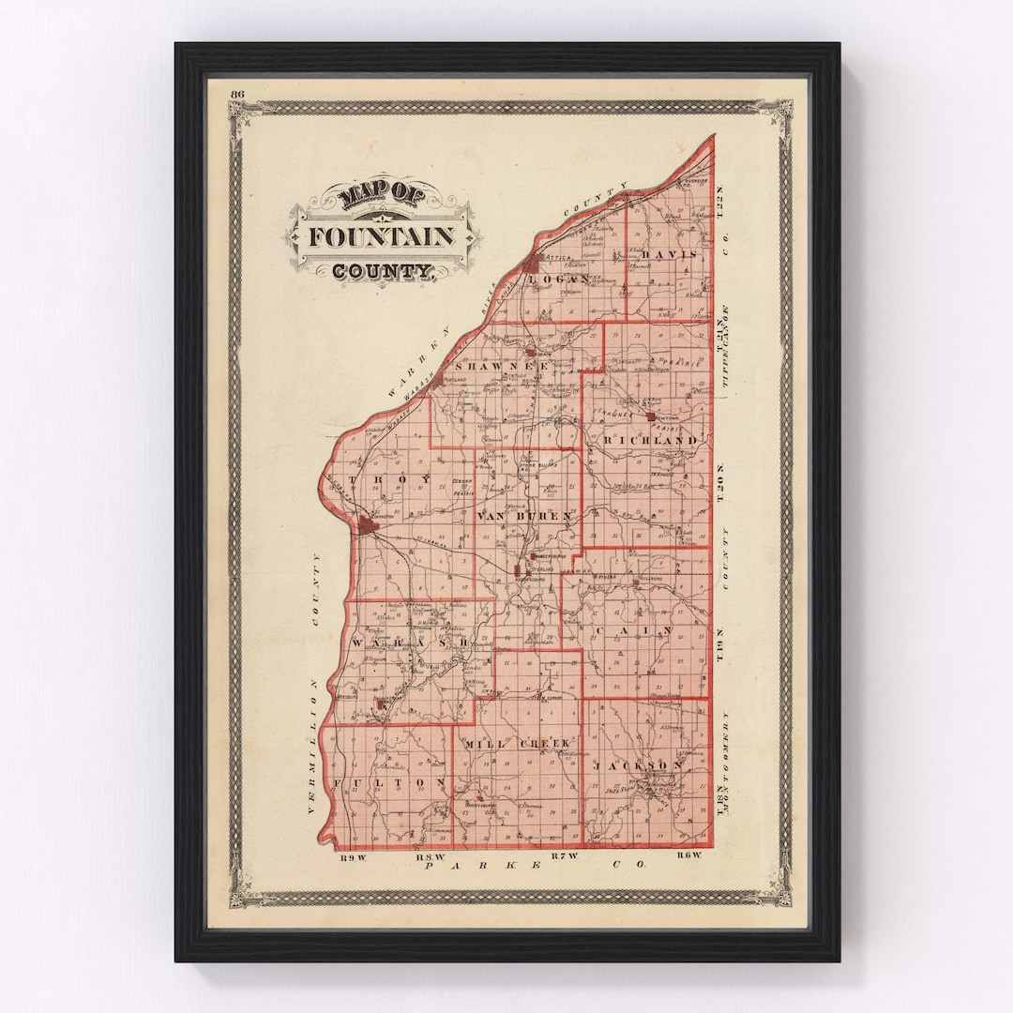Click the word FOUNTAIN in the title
point(381,236)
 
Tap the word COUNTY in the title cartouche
point(381,272)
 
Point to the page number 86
point(236,93)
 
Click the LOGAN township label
point(559,279)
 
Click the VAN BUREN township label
point(524,517)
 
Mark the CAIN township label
point(630,629)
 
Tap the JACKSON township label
point(638,765)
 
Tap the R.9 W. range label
point(352,855)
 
